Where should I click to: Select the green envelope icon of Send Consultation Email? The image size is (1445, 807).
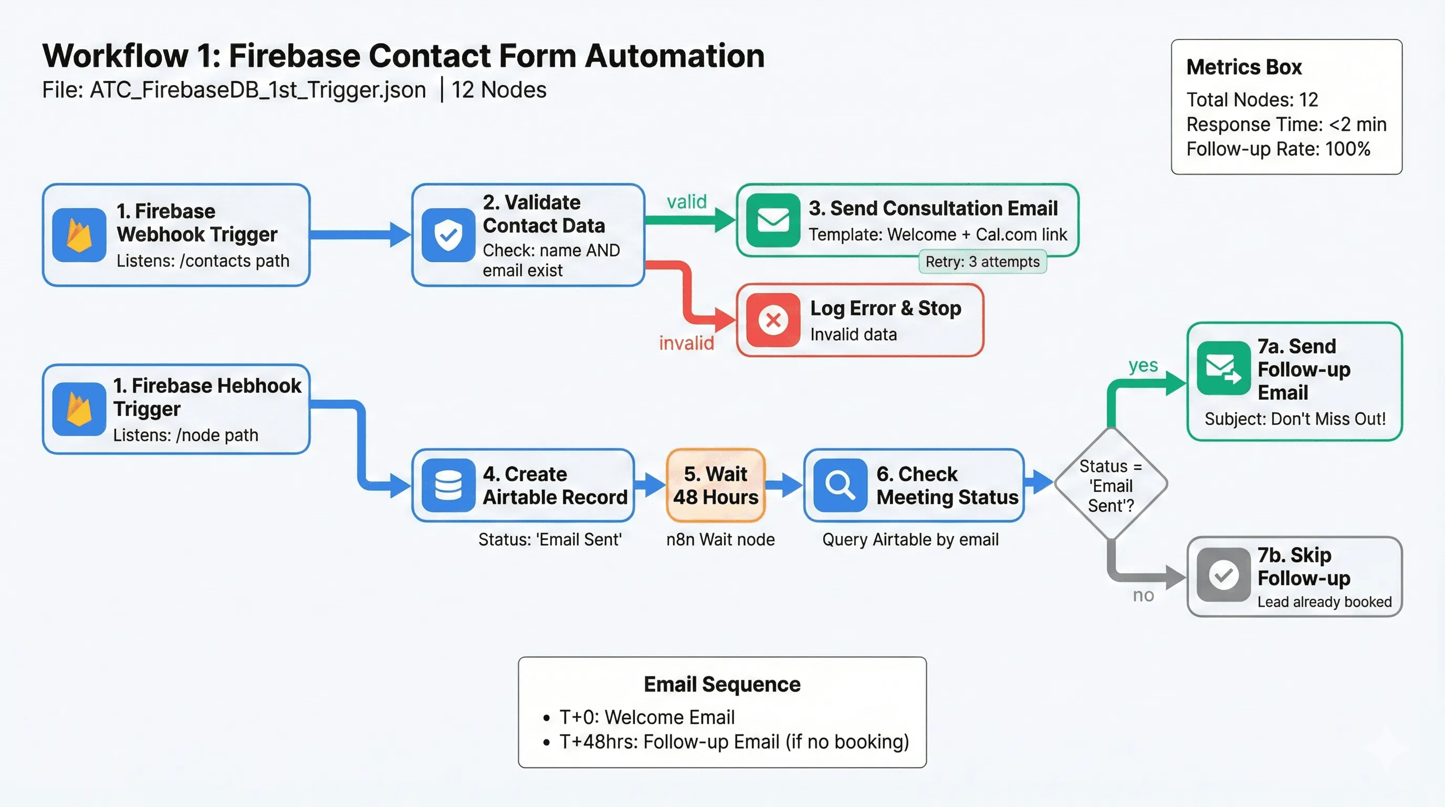point(773,220)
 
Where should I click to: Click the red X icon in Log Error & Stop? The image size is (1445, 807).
point(773,320)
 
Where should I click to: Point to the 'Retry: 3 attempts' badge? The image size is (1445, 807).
point(982,262)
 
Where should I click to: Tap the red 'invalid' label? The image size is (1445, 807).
point(686,343)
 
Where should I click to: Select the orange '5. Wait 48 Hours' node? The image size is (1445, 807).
point(715,485)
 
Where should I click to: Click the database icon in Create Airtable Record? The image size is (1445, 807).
point(448,485)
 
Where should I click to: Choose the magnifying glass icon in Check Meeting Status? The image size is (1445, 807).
point(840,485)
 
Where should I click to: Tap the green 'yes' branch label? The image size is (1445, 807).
point(1143,365)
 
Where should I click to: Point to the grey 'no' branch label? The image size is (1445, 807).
point(1143,595)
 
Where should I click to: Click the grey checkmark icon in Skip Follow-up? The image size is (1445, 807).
point(1223,575)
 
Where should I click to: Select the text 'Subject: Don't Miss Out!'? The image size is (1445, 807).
point(1295,419)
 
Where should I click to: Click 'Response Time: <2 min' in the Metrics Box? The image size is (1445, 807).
point(1286,124)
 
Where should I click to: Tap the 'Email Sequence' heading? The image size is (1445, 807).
point(722,684)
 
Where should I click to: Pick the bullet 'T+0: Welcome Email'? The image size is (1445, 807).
point(646,717)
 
